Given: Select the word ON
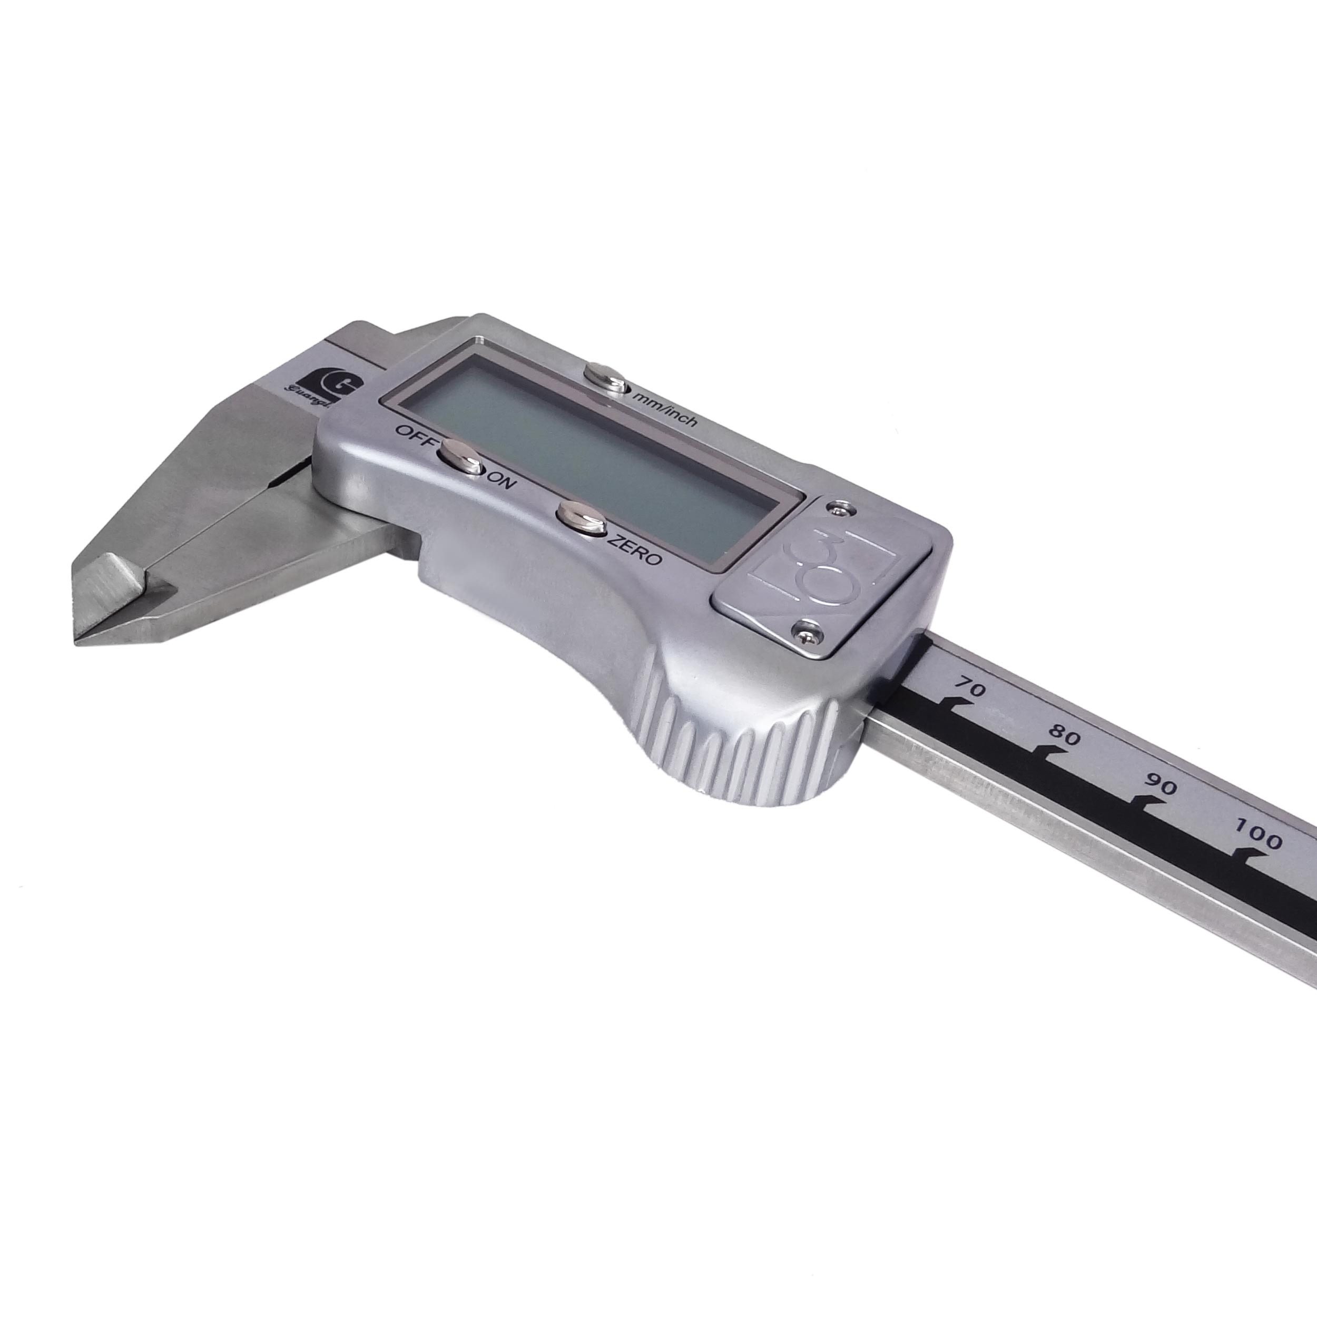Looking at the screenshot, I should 503,483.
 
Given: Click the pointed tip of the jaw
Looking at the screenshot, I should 76,640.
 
